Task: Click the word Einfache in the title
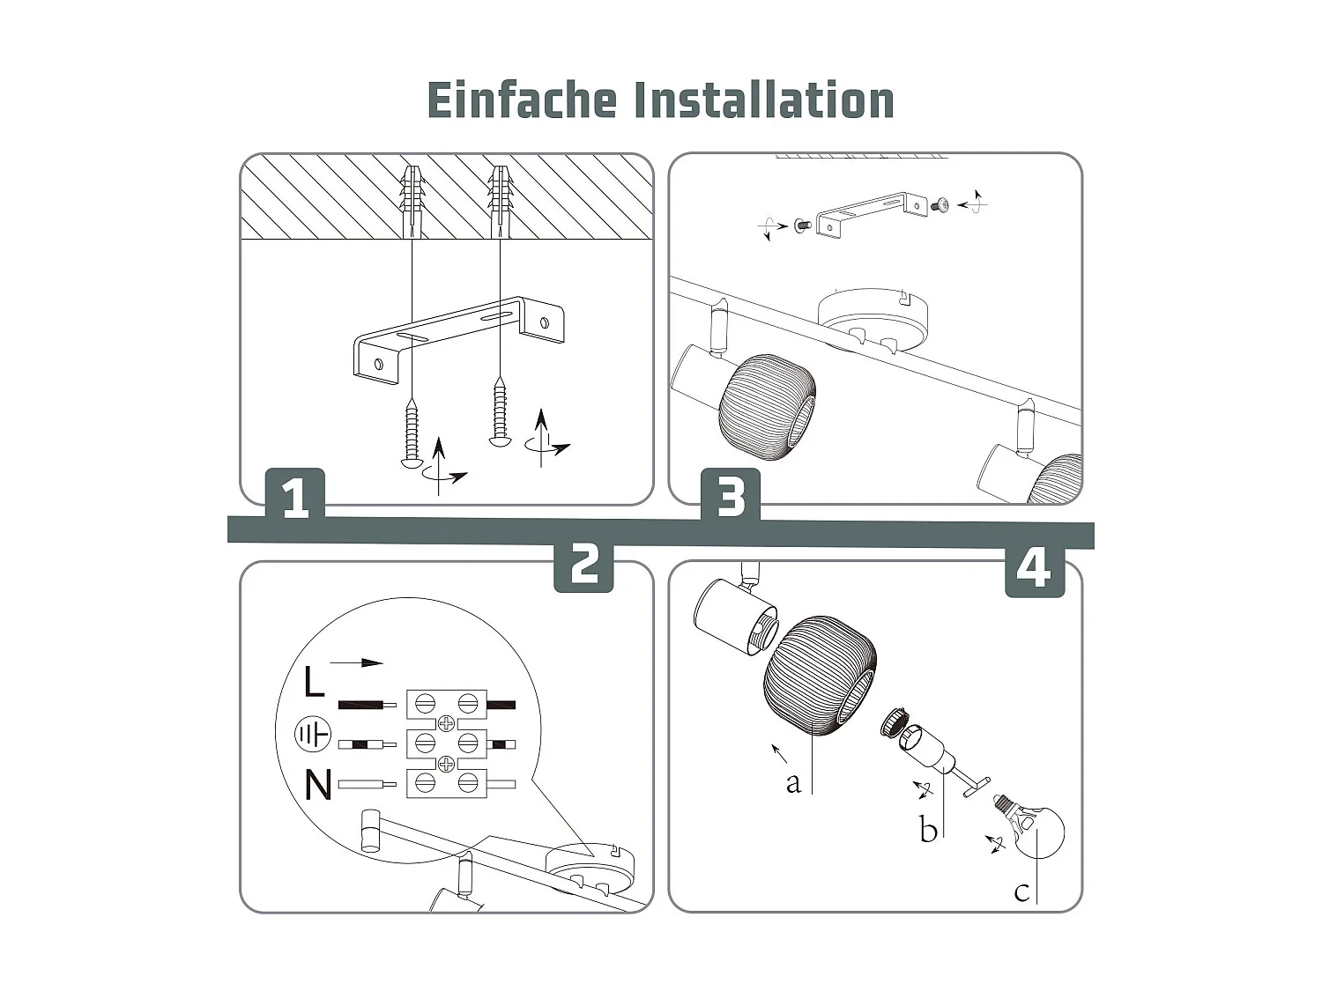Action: click(522, 100)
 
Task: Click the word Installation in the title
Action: click(764, 100)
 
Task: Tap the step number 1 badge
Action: click(295, 497)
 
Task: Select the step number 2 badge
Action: click(583, 564)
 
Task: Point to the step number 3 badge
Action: click(731, 497)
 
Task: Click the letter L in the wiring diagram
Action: click(314, 683)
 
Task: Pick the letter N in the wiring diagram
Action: click(317, 785)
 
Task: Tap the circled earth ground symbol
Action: click(312, 734)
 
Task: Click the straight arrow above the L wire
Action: click(357, 662)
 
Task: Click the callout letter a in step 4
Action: click(793, 782)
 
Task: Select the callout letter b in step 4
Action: click(927, 829)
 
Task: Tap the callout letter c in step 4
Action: click(1021, 891)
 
